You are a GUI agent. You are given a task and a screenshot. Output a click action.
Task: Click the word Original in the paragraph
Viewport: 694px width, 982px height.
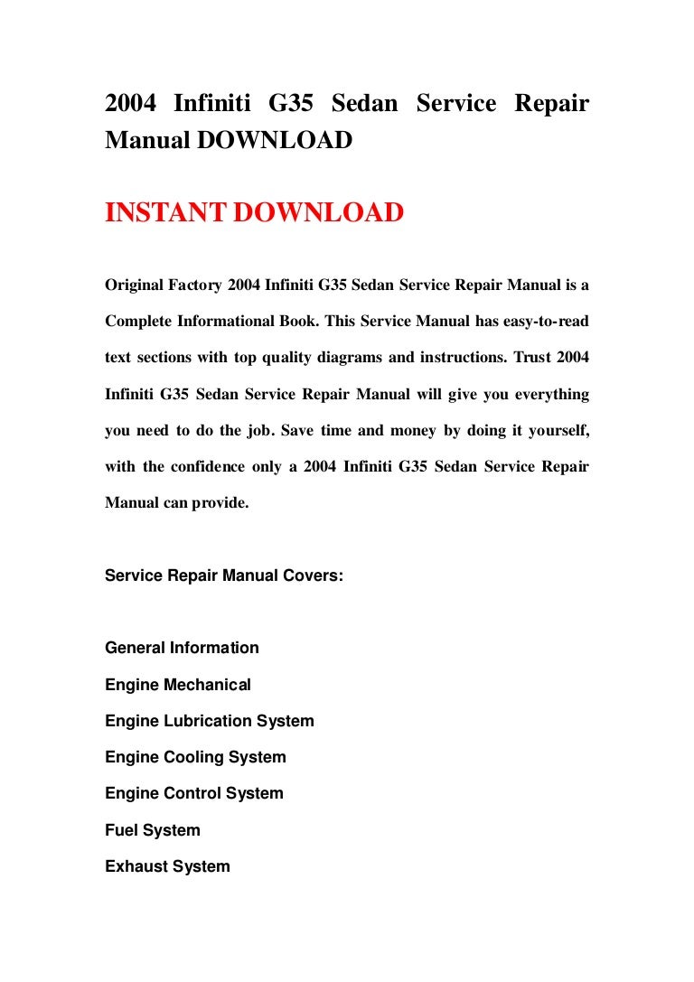[x=135, y=285]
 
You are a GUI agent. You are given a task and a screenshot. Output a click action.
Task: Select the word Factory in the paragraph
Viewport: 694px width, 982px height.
[x=198, y=285]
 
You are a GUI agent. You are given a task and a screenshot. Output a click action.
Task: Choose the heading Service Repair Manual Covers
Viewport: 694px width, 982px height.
[x=224, y=575]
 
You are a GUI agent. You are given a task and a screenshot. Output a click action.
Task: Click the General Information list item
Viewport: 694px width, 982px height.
[x=182, y=648]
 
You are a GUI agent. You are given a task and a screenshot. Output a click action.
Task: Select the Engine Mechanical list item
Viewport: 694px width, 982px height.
[x=178, y=685]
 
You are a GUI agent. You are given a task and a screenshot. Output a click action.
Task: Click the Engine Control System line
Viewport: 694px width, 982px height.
[x=194, y=793]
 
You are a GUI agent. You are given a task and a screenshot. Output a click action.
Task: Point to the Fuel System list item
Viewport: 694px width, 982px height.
[x=153, y=830]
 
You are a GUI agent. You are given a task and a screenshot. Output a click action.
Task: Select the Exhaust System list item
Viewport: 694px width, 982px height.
[x=167, y=866]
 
